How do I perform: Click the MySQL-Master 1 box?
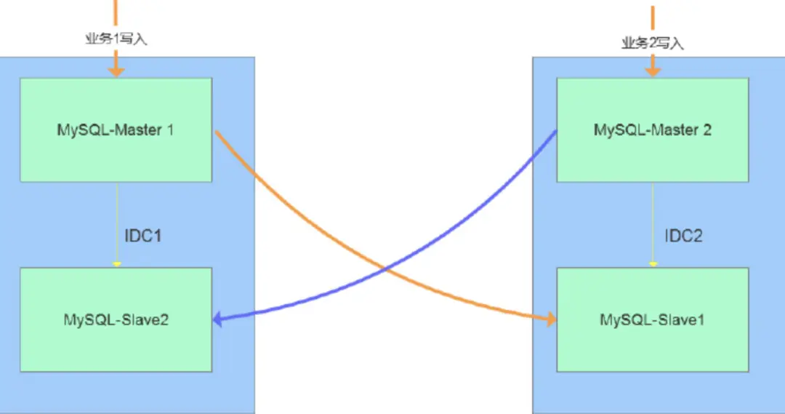pos(116,130)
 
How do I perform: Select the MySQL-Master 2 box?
pos(652,130)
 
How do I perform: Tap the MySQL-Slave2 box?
pos(116,319)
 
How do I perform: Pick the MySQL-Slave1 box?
pos(652,319)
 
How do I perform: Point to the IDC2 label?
pos(683,236)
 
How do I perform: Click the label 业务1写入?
pos(116,39)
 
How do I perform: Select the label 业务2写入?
pos(653,43)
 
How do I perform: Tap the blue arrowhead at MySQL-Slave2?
pos(217,319)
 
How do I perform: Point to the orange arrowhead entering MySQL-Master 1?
pos(116,72)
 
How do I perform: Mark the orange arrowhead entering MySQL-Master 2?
pos(653,72)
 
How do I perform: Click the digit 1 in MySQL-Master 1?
pos(170,131)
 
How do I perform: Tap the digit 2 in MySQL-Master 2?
pos(707,131)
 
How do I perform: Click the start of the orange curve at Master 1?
pos(216,132)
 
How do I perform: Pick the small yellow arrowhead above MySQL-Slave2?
pos(116,264)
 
